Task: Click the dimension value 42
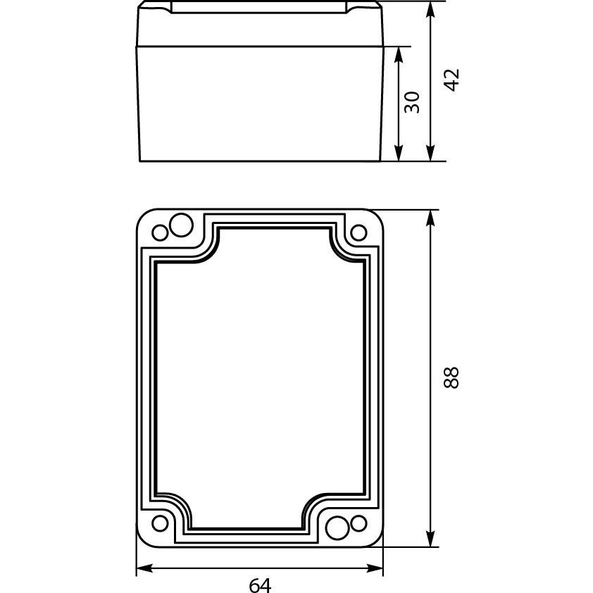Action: point(451,80)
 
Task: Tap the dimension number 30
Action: point(412,102)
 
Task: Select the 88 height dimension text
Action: point(451,377)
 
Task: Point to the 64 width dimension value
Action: point(260,585)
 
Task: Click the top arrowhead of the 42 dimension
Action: point(430,9)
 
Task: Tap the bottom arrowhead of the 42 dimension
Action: point(430,153)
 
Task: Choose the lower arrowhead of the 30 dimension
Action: point(398,153)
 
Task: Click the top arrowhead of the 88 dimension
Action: point(430,218)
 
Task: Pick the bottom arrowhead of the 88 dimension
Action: point(430,539)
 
